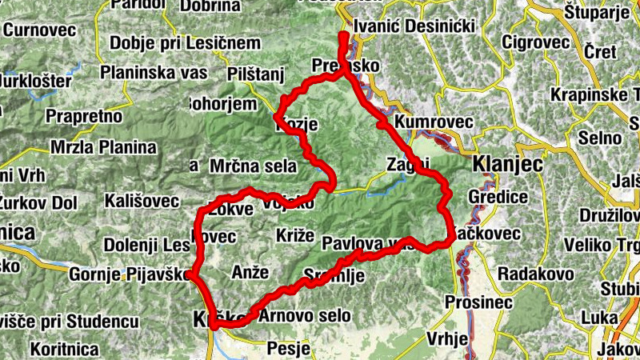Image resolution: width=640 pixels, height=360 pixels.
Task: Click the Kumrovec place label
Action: tap(434, 122)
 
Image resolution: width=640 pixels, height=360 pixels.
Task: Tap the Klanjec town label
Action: tap(508, 164)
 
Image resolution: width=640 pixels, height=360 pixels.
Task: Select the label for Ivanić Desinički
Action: tap(414, 26)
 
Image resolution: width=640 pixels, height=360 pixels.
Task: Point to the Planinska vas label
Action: tap(154, 72)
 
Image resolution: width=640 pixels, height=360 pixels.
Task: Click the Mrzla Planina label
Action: tap(103, 147)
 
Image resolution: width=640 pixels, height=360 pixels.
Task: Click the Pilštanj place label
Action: tap(256, 74)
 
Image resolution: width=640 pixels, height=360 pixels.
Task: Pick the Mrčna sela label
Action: tap(253, 166)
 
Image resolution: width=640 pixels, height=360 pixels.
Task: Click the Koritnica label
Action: tap(65, 349)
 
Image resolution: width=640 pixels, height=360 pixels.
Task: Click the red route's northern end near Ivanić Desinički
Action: tap(342, 37)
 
